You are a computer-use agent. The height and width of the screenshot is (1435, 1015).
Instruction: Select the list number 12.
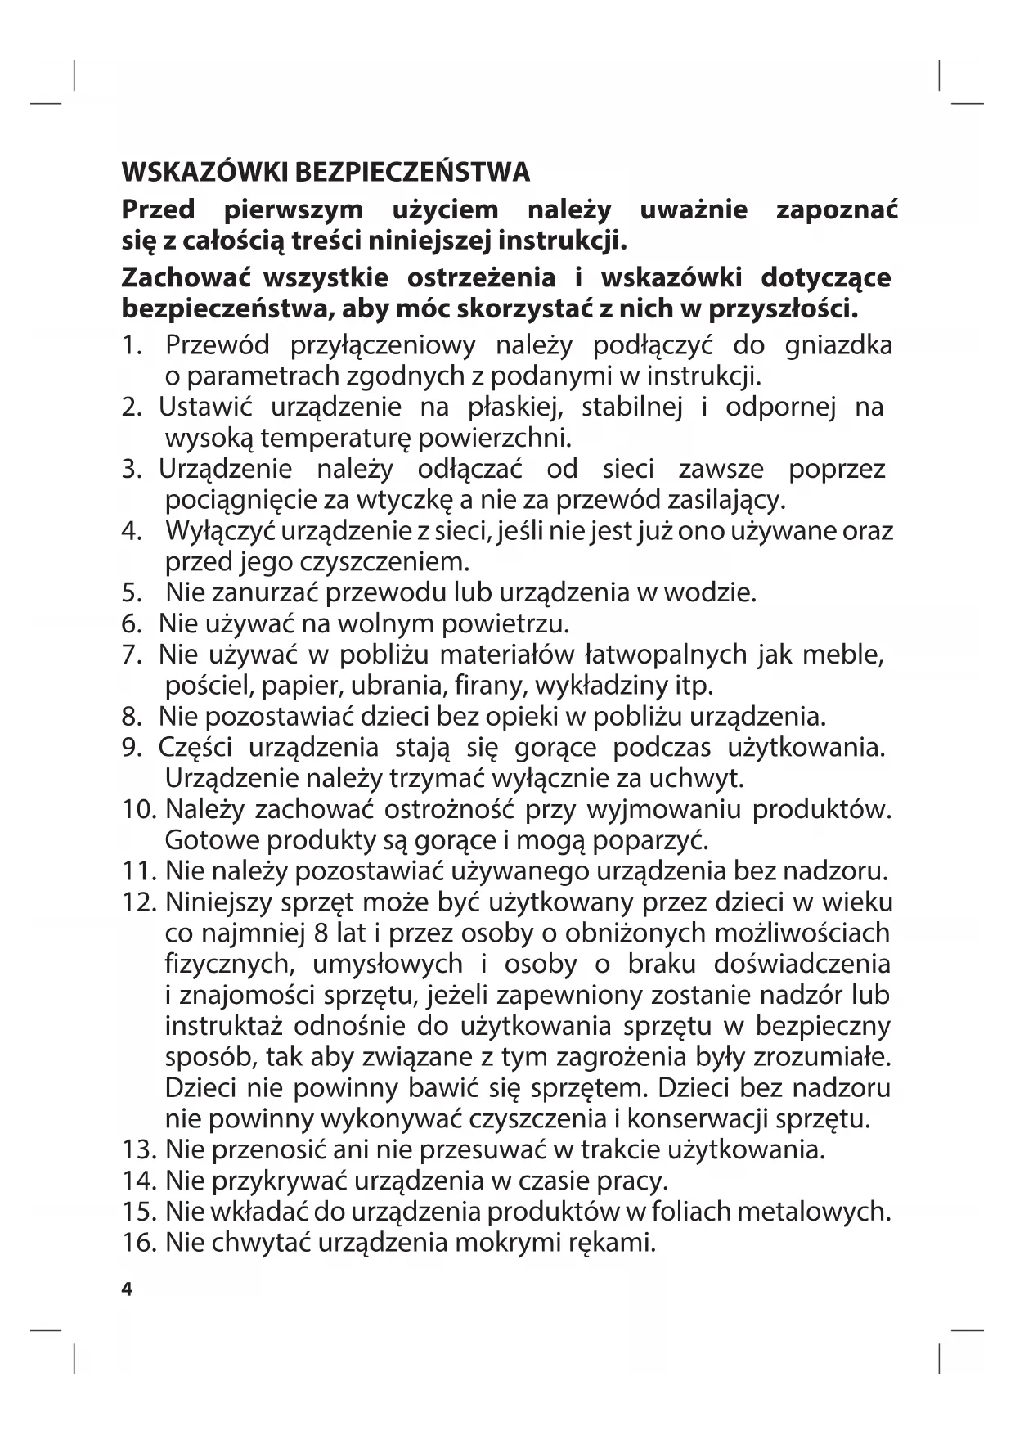(x=138, y=902)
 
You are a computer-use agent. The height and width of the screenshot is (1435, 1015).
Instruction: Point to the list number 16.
(x=138, y=1243)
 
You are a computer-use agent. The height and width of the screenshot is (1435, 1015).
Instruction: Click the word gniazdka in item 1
(x=838, y=345)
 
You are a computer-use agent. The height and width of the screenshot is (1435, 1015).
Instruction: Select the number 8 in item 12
(x=321, y=933)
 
